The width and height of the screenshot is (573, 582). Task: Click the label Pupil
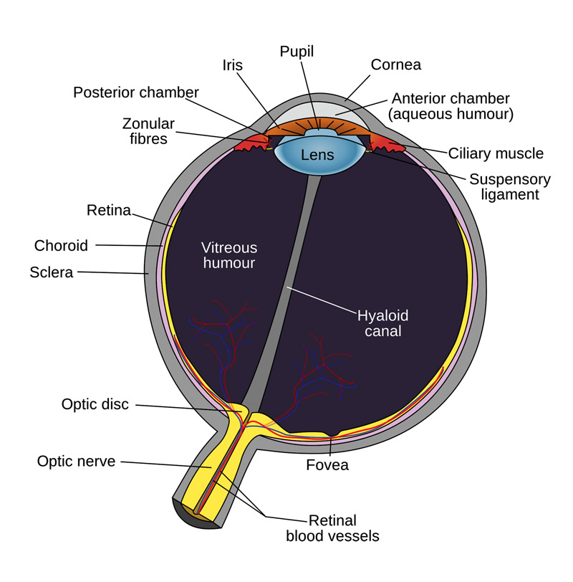(297, 52)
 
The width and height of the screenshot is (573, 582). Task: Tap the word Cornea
(395, 65)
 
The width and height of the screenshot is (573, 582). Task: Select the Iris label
(233, 65)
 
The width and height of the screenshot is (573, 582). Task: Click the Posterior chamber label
(136, 92)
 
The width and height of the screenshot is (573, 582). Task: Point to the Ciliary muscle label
(496, 153)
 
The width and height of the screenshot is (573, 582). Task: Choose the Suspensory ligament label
(510, 186)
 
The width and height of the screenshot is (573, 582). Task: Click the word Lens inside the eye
(317, 155)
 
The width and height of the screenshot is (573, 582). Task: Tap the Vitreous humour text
(228, 255)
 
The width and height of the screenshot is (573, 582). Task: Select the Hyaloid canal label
(382, 323)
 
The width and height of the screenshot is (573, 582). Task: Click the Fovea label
(327, 465)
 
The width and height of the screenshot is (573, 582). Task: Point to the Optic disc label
(95, 404)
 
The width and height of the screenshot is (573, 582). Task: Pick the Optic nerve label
(77, 462)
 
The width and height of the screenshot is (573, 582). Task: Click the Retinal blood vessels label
(332, 528)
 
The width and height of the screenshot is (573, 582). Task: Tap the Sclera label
(51, 272)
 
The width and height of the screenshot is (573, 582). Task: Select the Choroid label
(61, 246)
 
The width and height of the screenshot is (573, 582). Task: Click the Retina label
(109, 211)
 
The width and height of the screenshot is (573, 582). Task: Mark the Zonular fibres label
(148, 131)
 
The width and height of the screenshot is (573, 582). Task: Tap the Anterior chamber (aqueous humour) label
(451, 107)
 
